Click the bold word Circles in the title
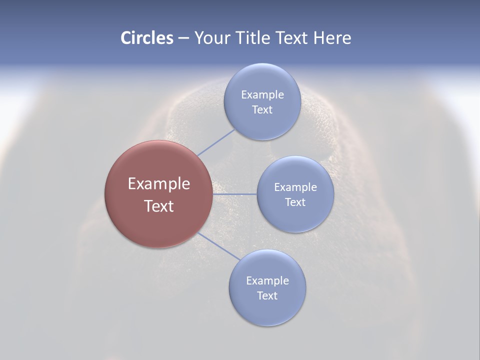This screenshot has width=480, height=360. (x=147, y=38)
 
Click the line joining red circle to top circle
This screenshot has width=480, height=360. (x=216, y=142)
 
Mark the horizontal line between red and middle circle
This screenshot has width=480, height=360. (x=235, y=194)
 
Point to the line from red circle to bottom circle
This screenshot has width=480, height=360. (x=218, y=246)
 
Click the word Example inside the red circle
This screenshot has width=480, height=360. (x=159, y=183)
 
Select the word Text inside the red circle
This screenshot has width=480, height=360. (x=159, y=206)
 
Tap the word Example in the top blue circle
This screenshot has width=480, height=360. (x=262, y=94)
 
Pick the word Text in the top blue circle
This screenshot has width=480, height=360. (x=262, y=109)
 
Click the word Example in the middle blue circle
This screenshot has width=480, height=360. (x=295, y=187)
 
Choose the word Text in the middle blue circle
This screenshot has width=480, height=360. (x=295, y=202)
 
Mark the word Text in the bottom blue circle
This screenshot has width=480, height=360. (x=267, y=295)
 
